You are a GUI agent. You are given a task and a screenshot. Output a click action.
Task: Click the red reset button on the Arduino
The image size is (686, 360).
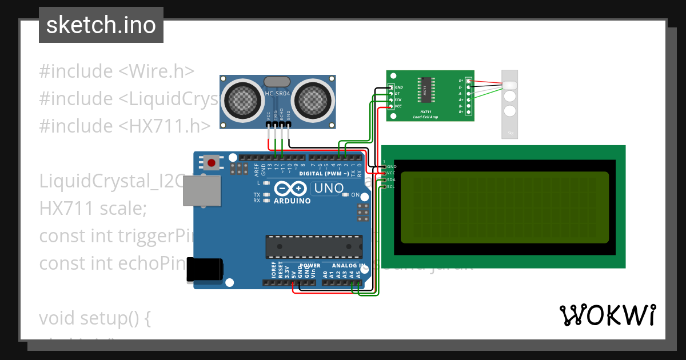click(x=212, y=163)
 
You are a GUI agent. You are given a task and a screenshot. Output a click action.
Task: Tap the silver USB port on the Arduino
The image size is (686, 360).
click(x=201, y=190)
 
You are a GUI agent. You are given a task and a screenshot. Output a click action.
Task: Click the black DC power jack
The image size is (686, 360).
click(x=205, y=270)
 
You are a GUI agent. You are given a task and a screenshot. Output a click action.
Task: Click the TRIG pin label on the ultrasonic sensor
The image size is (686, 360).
click(x=275, y=114)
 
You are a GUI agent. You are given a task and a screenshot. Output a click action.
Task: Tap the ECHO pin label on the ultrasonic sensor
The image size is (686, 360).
click(x=282, y=114)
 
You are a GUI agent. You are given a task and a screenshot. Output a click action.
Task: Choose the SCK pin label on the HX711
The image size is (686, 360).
click(x=398, y=100)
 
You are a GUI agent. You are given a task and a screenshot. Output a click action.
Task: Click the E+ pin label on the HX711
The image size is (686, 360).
click(x=461, y=81)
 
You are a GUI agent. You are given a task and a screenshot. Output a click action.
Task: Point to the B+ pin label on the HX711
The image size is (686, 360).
click(x=461, y=112)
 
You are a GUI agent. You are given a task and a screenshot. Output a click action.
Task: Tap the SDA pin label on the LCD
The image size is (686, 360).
click(x=391, y=179)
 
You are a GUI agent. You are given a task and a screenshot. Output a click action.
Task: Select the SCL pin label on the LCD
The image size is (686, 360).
click(x=391, y=186)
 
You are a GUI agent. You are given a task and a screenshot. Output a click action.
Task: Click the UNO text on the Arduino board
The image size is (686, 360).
click(x=329, y=188)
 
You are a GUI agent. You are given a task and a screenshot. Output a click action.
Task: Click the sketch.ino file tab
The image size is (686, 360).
click(x=101, y=25)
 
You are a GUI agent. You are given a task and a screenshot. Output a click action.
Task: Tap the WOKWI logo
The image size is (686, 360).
click(x=607, y=315)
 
